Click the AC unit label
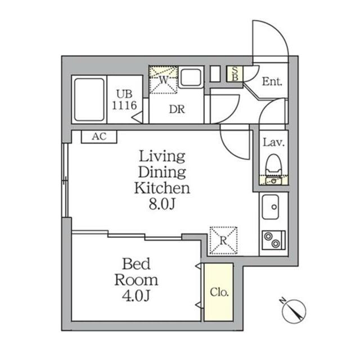99,137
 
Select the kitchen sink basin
271,207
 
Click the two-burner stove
273,240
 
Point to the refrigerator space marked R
223,240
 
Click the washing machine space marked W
164,80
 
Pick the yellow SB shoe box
235,74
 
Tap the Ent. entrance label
272,82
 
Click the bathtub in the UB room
89,100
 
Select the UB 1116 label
124,100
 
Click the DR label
177,109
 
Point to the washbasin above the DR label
191,77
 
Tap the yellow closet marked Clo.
219,292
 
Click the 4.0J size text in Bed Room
136,296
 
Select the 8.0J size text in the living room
162,204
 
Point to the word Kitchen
162,188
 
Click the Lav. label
274,142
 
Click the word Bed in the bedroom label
136,264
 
